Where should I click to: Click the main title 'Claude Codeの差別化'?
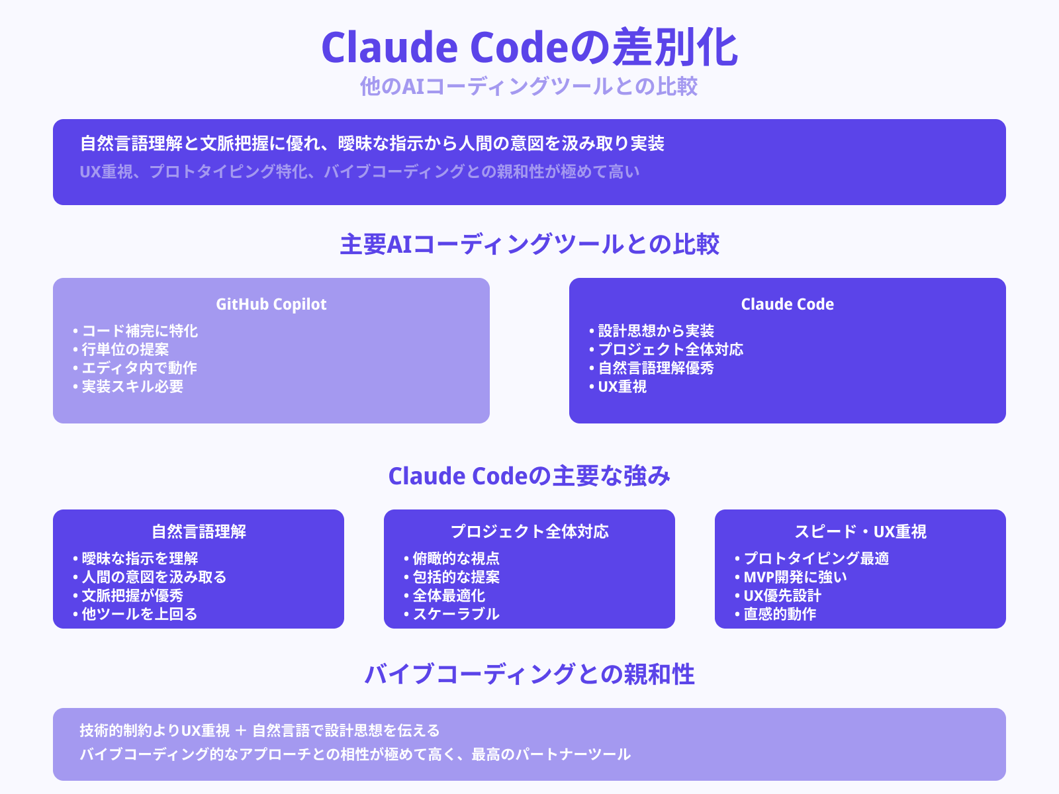coord(529,48)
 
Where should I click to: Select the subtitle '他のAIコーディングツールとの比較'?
coord(529,86)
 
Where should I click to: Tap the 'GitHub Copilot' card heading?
coord(271,304)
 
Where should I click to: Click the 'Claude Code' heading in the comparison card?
coord(787,304)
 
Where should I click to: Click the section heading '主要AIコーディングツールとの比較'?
coord(529,244)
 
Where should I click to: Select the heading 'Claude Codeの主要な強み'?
coord(529,476)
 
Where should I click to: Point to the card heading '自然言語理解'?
coord(199,531)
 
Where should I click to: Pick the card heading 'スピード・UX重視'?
coord(860,531)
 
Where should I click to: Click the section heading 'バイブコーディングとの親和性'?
coord(529,674)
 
